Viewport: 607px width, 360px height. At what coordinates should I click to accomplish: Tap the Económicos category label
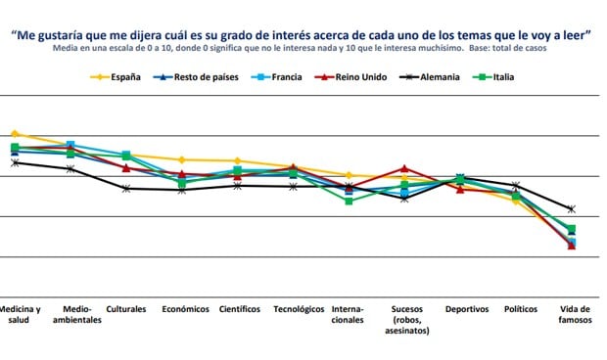click(x=185, y=308)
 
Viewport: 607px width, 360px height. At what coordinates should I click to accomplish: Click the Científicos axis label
click(x=240, y=308)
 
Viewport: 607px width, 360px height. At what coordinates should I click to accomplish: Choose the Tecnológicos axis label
click(x=299, y=308)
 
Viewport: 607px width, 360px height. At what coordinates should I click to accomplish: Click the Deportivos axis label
click(x=466, y=308)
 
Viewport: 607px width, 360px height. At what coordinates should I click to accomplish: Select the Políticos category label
click(x=520, y=308)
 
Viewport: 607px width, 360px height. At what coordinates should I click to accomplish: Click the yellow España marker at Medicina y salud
click(x=15, y=134)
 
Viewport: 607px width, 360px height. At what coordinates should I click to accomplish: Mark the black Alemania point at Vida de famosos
click(x=572, y=209)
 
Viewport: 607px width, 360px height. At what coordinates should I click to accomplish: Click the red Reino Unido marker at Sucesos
click(x=404, y=168)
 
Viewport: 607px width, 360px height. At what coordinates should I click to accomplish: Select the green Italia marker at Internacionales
click(x=349, y=201)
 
